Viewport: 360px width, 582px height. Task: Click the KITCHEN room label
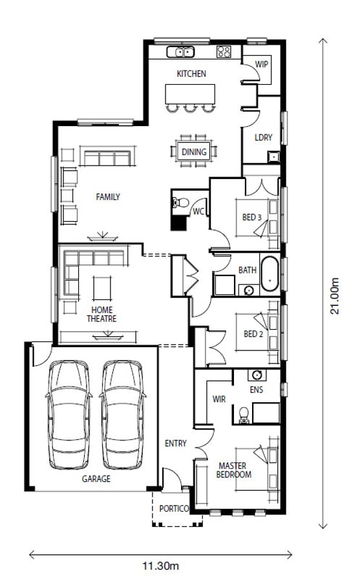(191, 74)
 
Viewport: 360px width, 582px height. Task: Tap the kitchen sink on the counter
(180, 52)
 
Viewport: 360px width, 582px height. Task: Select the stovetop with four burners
(224, 52)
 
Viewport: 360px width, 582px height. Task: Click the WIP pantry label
(261, 64)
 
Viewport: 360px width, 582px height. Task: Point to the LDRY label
(264, 137)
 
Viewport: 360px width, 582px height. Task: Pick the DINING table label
(194, 152)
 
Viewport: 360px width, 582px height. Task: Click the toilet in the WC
(180, 203)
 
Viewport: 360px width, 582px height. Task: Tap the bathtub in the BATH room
(270, 274)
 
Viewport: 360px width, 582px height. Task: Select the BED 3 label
(252, 217)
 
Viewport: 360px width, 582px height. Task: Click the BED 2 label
(253, 334)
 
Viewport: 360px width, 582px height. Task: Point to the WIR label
(219, 399)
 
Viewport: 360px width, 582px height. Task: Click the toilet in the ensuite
(244, 415)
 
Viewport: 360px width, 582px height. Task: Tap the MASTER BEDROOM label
(233, 470)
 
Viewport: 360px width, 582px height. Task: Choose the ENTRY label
(176, 443)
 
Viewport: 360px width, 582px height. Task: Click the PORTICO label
(174, 508)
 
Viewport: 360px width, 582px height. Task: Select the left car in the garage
(69, 415)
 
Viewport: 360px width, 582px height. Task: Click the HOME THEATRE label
(101, 314)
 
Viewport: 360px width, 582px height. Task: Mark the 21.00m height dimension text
(335, 296)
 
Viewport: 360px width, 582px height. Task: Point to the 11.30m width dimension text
(160, 566)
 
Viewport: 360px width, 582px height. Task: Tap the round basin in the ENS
(257, 375)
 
